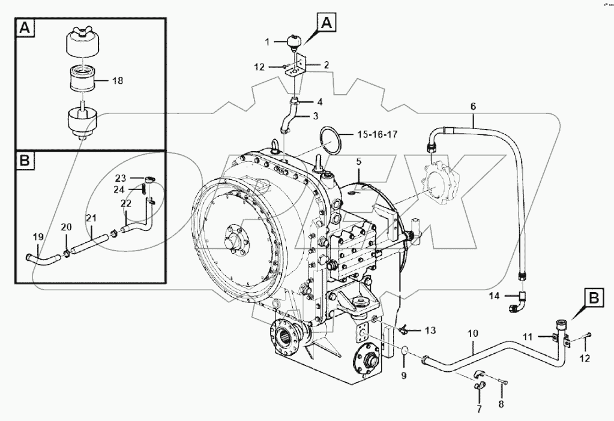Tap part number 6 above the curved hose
click(473, 106)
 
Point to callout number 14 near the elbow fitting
click(493, 295)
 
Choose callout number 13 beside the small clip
click(430, 330)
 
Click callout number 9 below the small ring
click(403, 376)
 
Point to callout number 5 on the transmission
click(358, 161)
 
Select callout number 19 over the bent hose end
click(37, 237)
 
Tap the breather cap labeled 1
click(293, 42)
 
